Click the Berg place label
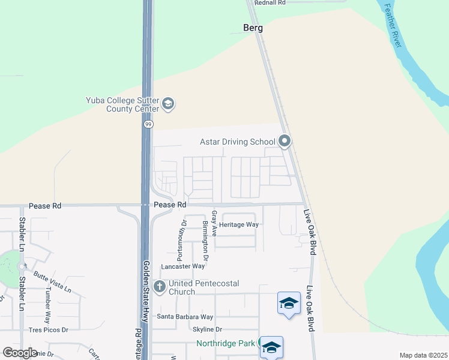253,28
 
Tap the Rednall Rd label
270,3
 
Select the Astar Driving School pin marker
285,142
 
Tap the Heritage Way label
238,224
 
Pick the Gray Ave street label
214,223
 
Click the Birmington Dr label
205,240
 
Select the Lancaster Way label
182,266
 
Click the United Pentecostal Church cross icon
160,287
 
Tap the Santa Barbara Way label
185,317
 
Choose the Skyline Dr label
207,329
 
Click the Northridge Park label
226,344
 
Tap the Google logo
20,353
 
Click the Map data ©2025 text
423,355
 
